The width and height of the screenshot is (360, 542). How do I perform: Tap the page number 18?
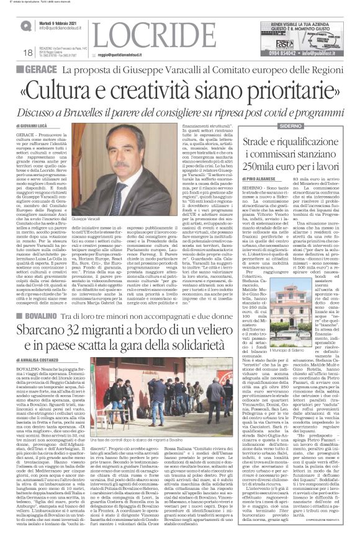point(11,53)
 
